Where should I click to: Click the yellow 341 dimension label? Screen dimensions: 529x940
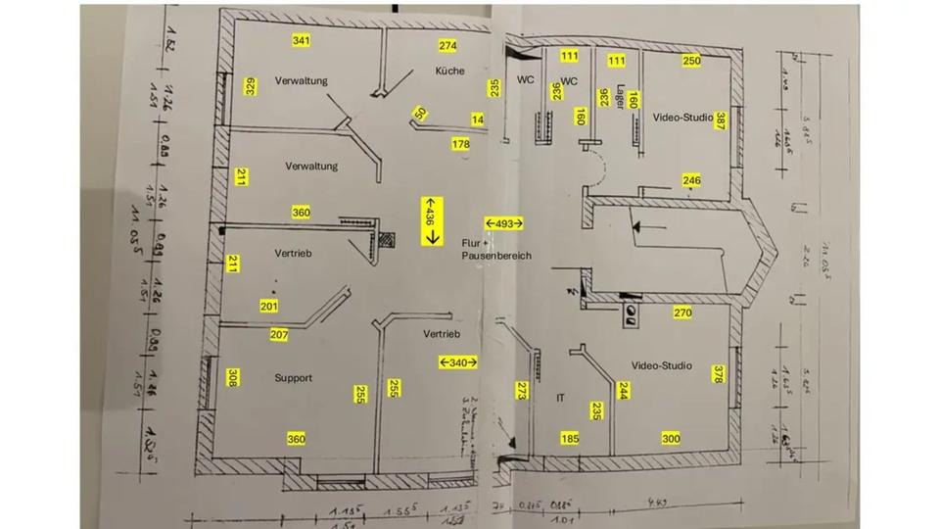click(302, 40)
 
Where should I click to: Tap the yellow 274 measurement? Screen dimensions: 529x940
click(447, 46)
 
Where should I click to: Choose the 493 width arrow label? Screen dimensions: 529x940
click(504, 223)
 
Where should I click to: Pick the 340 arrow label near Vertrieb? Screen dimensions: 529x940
click(457, 362)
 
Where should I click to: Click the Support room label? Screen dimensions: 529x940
click(293, 377)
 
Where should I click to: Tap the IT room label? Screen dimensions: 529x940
click(561, 398)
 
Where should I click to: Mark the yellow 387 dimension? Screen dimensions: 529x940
click(721, 120)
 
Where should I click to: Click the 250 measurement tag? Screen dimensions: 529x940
click(691, 61)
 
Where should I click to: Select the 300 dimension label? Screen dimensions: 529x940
click(671, 438)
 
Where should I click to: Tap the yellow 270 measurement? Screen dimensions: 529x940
click(683, 313)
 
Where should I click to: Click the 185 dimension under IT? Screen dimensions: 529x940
click(570, 438)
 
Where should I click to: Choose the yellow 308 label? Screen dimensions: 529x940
click(232, 377)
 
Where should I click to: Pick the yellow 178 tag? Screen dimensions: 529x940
click(460, 144)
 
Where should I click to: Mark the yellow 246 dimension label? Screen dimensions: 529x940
click(691, 180)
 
